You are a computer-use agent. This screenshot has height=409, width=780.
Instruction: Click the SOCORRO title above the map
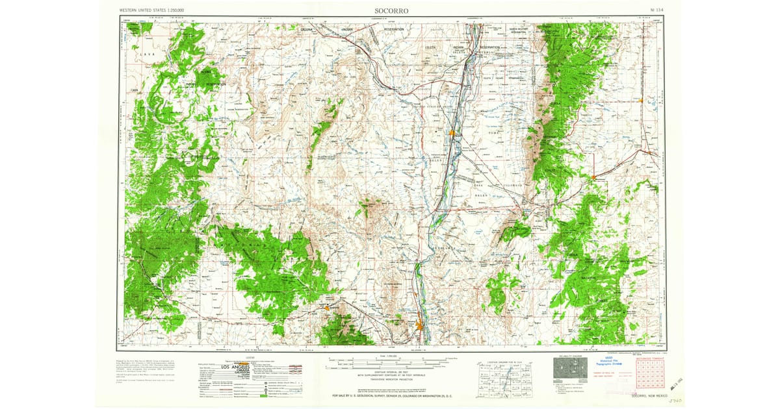click(391, 10)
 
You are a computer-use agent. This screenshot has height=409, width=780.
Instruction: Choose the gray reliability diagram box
click(569, 367)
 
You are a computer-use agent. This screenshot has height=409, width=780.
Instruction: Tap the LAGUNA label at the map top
click(307, 30)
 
